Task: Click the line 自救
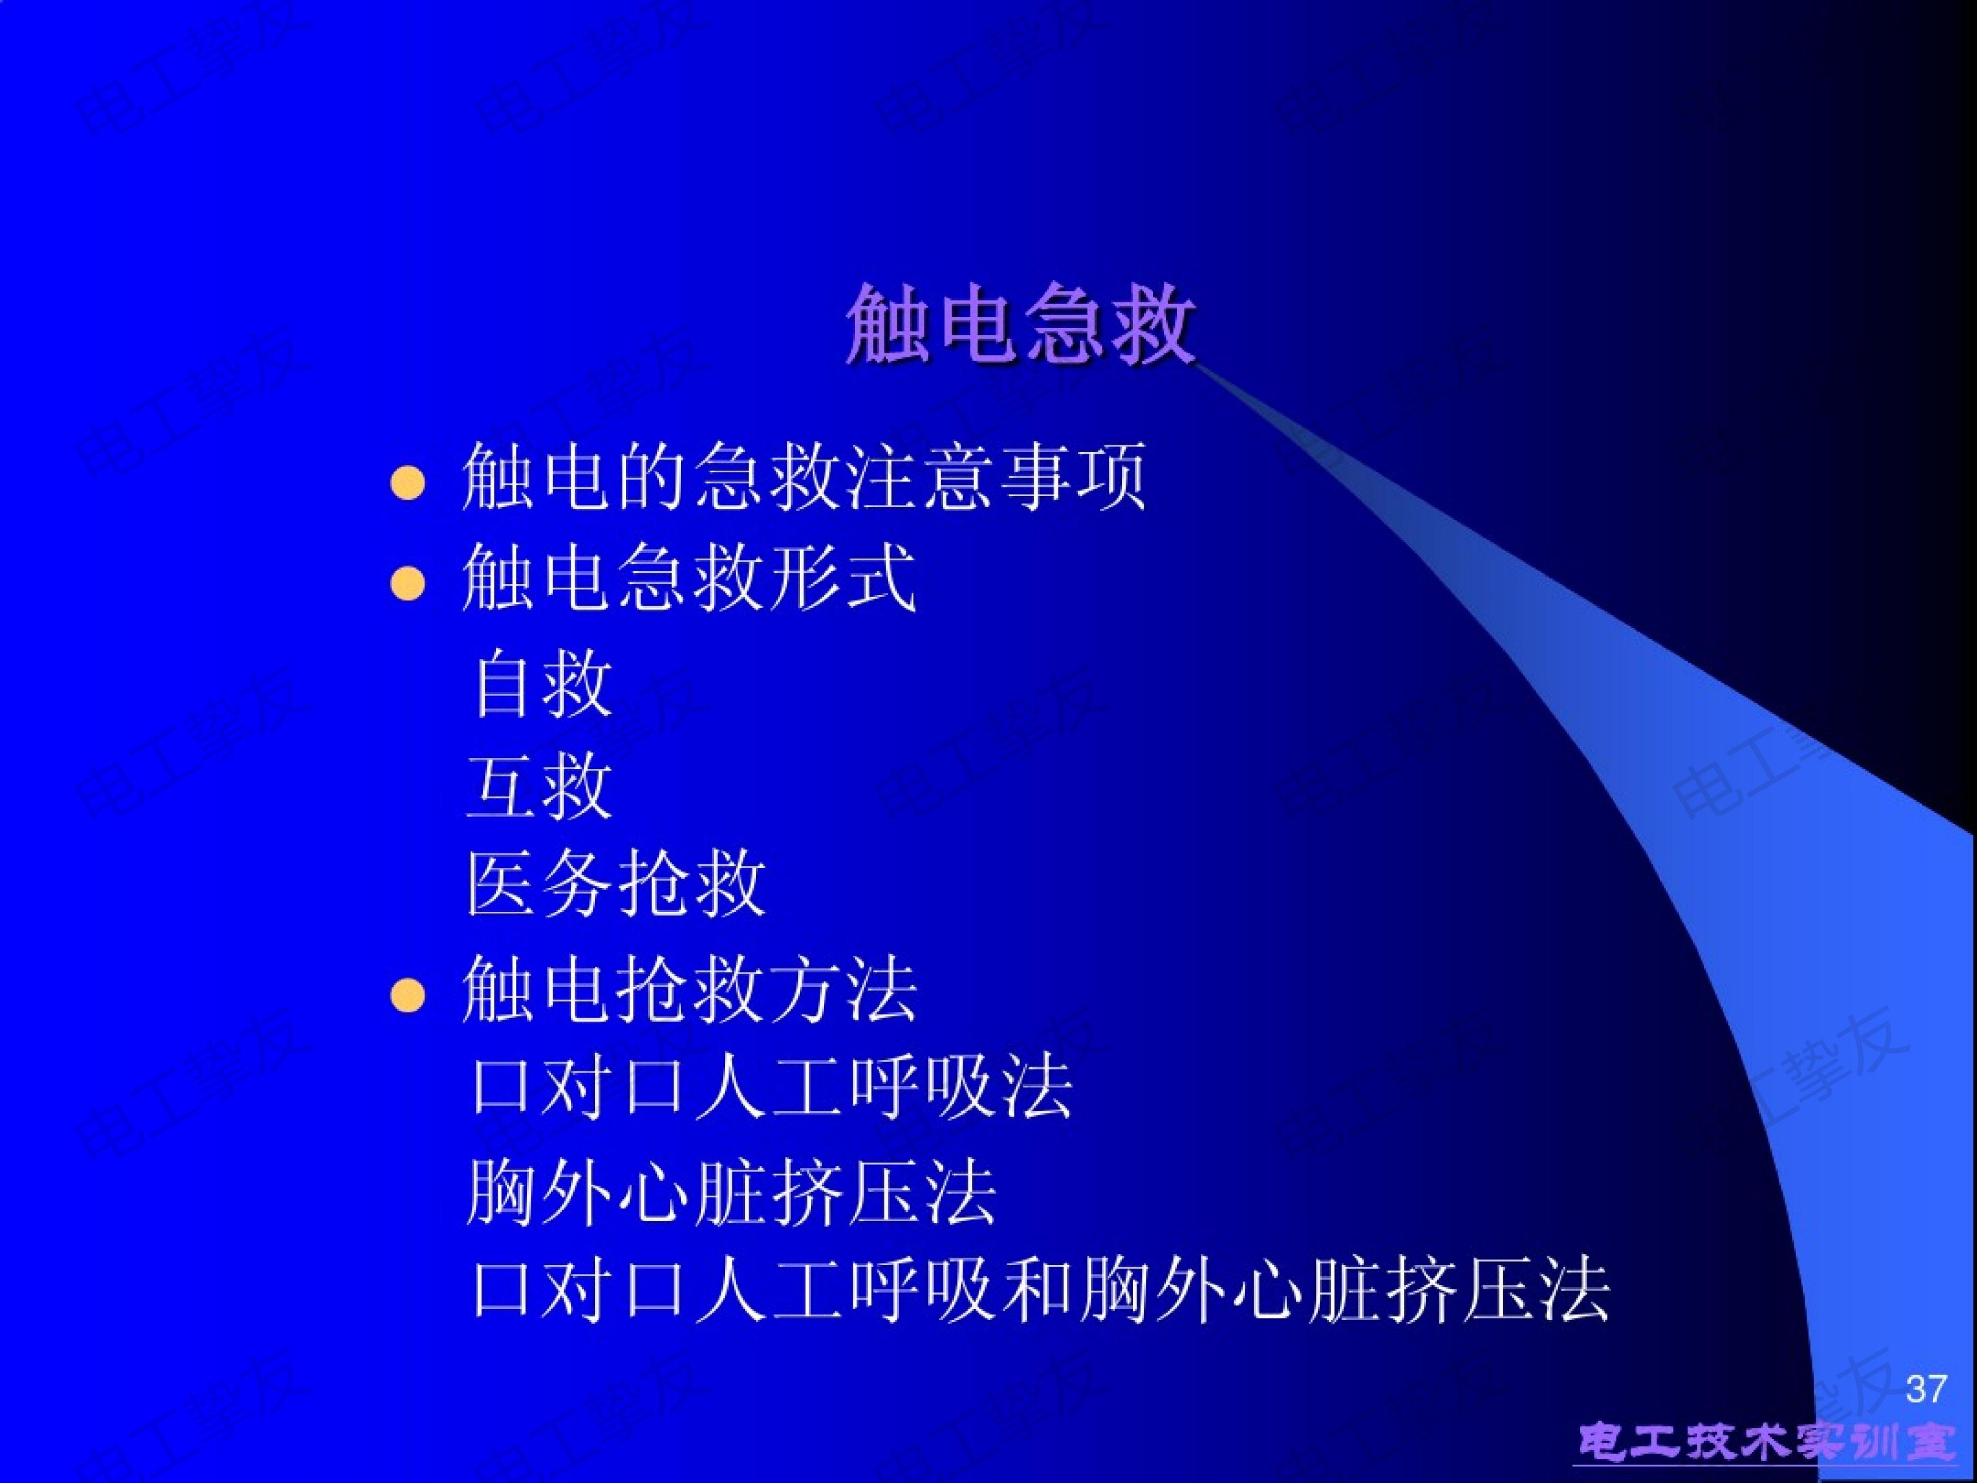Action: tap(541, 685)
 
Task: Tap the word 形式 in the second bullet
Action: tap(842, 579)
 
